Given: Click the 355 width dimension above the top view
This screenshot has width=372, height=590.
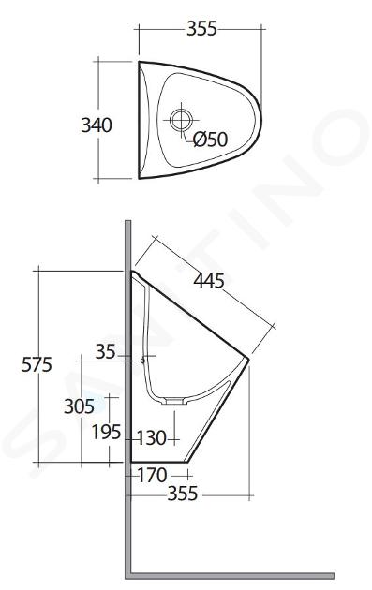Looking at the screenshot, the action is [201, 29].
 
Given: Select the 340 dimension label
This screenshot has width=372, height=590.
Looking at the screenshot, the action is [97, 125].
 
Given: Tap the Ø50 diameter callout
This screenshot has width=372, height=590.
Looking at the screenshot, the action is [210, 140].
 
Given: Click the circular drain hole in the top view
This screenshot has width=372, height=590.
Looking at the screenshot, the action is [181, 120].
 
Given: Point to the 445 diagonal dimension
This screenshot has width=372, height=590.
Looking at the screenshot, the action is [209, 281].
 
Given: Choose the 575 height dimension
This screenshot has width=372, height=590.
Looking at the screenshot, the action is [37, 364].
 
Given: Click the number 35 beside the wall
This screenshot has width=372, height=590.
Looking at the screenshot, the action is [106, 352].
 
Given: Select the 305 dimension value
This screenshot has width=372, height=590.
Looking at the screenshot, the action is [79, 406].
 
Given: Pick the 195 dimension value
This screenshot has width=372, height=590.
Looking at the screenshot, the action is [107, 432].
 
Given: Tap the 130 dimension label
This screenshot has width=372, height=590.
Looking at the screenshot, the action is [152, 438].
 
